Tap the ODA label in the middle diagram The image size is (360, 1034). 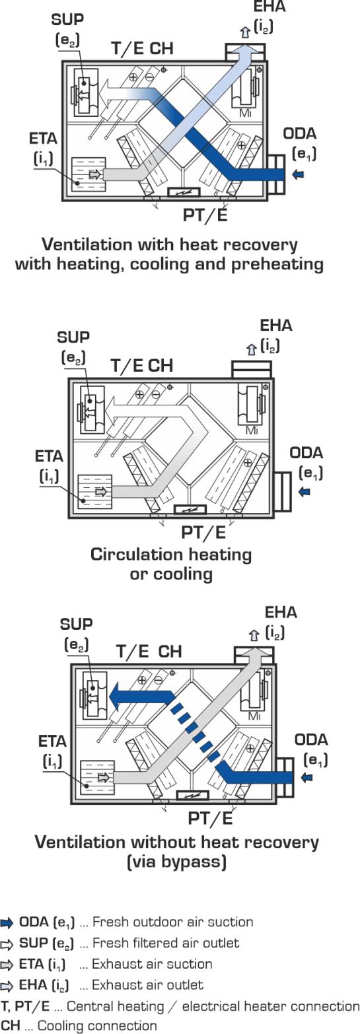(306, 453)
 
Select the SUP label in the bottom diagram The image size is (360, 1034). (76, 624)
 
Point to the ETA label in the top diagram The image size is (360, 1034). (44, 139)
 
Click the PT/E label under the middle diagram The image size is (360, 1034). (203, 532)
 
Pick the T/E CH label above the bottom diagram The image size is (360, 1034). (149, 651)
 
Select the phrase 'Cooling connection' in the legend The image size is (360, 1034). (97, 1026)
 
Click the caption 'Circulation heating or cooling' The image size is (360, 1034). (171, 564)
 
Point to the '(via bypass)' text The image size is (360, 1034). (177, 862)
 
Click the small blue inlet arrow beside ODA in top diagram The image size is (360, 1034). (299, 174)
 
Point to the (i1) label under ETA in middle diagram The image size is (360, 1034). (50, 476)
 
